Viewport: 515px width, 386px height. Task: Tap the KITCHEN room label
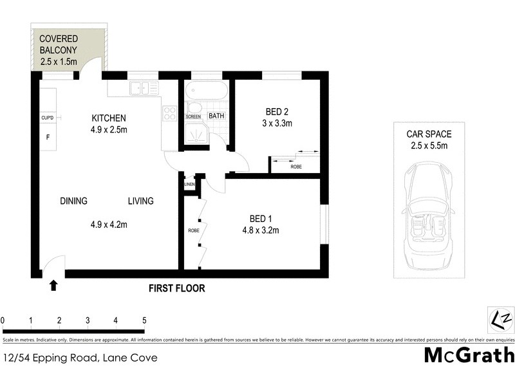click(108, 118)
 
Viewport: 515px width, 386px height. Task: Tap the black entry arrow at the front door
click(53, 284)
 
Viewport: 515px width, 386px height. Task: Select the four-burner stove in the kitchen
click(169, 113)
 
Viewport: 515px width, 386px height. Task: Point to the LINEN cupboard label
click(189, 185)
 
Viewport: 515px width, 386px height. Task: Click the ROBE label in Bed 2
click(296, 166)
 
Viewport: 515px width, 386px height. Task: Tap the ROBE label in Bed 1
click(193, 230)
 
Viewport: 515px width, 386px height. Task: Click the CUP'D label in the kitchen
click(48, 118)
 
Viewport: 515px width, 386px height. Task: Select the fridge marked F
click(47, 137)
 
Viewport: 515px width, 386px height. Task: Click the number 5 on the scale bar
click(144, 320)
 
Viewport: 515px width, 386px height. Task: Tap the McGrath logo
click(469, 354)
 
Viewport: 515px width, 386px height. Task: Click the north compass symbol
click(500, 320)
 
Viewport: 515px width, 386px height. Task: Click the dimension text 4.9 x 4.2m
click(109, 225)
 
